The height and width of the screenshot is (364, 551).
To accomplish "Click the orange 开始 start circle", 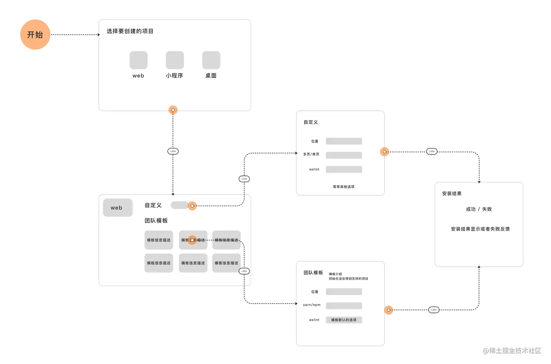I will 35,35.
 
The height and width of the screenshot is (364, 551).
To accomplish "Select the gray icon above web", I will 138,60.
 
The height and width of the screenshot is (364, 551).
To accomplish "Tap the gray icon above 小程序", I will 175,60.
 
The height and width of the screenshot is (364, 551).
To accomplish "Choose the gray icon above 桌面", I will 211,60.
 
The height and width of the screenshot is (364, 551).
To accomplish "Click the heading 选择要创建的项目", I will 130,31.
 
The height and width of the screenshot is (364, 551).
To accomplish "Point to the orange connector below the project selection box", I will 173,110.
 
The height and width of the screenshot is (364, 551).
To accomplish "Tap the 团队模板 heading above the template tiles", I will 156,221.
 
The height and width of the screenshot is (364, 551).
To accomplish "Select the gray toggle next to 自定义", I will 179,205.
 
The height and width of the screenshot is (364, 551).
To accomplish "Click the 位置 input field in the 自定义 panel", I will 344,141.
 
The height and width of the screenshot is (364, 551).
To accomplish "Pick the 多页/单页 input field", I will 344,155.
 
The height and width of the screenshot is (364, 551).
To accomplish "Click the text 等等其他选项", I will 343,187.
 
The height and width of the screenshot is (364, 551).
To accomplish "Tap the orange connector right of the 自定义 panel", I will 384,152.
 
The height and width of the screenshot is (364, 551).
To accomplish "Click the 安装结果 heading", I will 452,194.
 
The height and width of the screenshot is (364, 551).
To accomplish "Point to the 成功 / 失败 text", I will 479,210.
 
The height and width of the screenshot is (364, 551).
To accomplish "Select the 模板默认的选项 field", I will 344,320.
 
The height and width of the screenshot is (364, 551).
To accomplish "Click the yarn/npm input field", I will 344,306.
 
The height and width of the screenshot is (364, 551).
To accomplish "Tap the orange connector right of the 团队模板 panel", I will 389,310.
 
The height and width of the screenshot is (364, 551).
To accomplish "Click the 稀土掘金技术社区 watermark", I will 512,351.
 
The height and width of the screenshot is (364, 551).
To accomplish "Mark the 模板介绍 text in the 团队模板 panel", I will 336,274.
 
